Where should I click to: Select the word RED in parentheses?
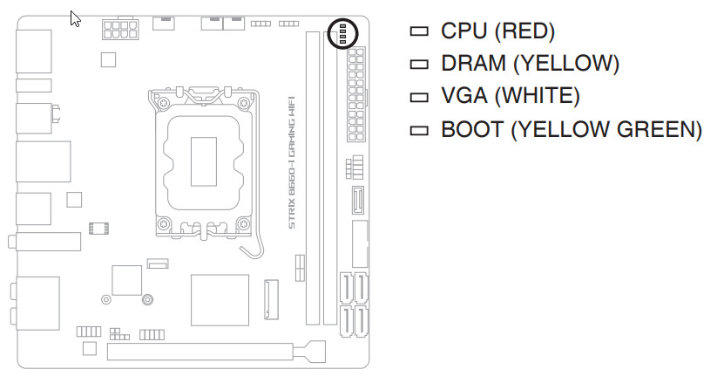[527, 32]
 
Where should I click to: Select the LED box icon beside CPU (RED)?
[420, 32]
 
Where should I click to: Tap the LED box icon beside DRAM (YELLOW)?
[420, 65]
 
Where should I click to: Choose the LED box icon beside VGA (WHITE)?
[420, 97]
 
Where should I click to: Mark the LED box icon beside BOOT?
[420, 130]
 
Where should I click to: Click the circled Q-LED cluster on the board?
[342, 34]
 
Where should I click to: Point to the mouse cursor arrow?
[76, 19]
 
